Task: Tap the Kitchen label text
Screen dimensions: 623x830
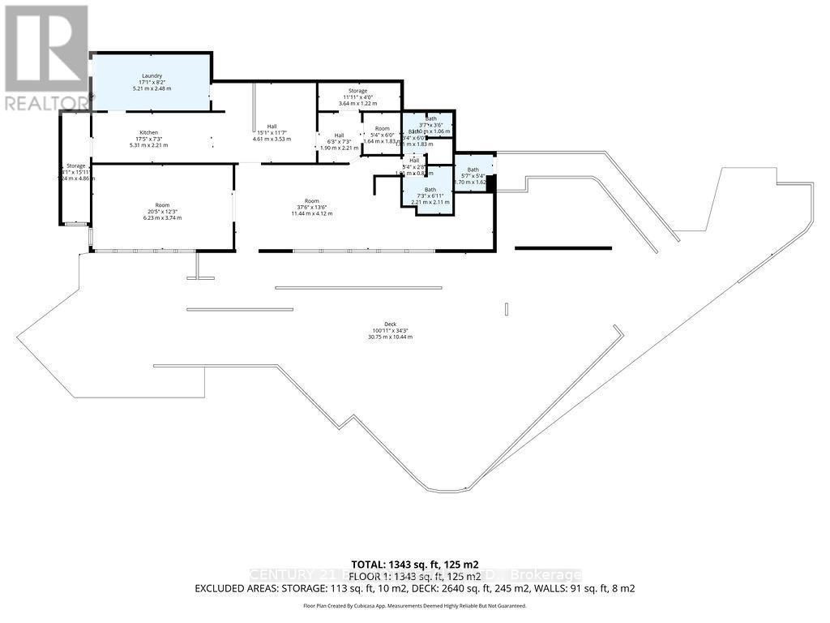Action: click(148, 132)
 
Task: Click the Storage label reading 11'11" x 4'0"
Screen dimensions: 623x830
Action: click(358, 91)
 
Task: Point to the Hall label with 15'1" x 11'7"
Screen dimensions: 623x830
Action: click(272, 127)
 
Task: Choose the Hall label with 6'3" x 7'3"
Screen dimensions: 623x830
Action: click(339, 135)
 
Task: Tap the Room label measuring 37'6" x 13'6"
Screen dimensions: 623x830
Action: click(312, 200)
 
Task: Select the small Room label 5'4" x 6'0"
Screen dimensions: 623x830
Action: click(381, 129)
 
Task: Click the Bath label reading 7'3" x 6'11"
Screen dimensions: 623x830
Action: click(430, 190)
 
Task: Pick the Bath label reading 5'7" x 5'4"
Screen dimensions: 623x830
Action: click(473, 170)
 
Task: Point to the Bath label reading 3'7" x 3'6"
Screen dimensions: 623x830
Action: click(430, 118)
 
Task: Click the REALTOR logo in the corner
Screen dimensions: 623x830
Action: click(45, 58)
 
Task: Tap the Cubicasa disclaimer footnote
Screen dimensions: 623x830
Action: click(414, 606)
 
